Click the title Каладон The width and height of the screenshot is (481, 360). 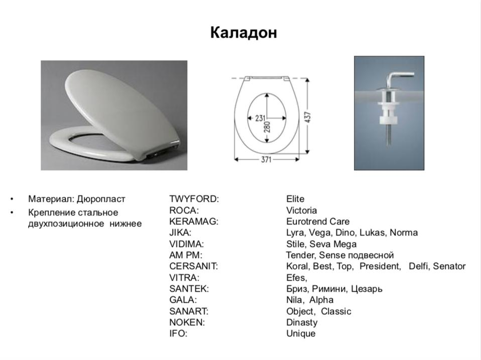pos(244,33)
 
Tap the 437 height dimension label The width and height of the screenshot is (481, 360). pos(308,117)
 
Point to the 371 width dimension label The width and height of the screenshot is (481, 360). pos(266,160)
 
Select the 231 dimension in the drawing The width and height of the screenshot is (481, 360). pos(260,118)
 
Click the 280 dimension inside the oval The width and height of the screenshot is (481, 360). pos(267,127)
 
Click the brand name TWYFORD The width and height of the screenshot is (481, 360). pos(194,199)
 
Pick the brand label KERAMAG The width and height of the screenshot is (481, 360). pos(194,221)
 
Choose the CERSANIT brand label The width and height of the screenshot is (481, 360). pos(194,266)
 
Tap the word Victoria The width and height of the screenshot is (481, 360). pos(302,210)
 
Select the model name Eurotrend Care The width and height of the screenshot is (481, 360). pos(318,221)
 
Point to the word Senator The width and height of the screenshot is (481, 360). pos(449,266)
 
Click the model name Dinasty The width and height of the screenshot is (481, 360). pos(302,322)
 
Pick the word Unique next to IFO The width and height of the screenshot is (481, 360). pos(301,333)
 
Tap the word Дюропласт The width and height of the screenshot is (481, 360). pos(101,199)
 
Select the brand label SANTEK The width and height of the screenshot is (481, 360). pos(189,289)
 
